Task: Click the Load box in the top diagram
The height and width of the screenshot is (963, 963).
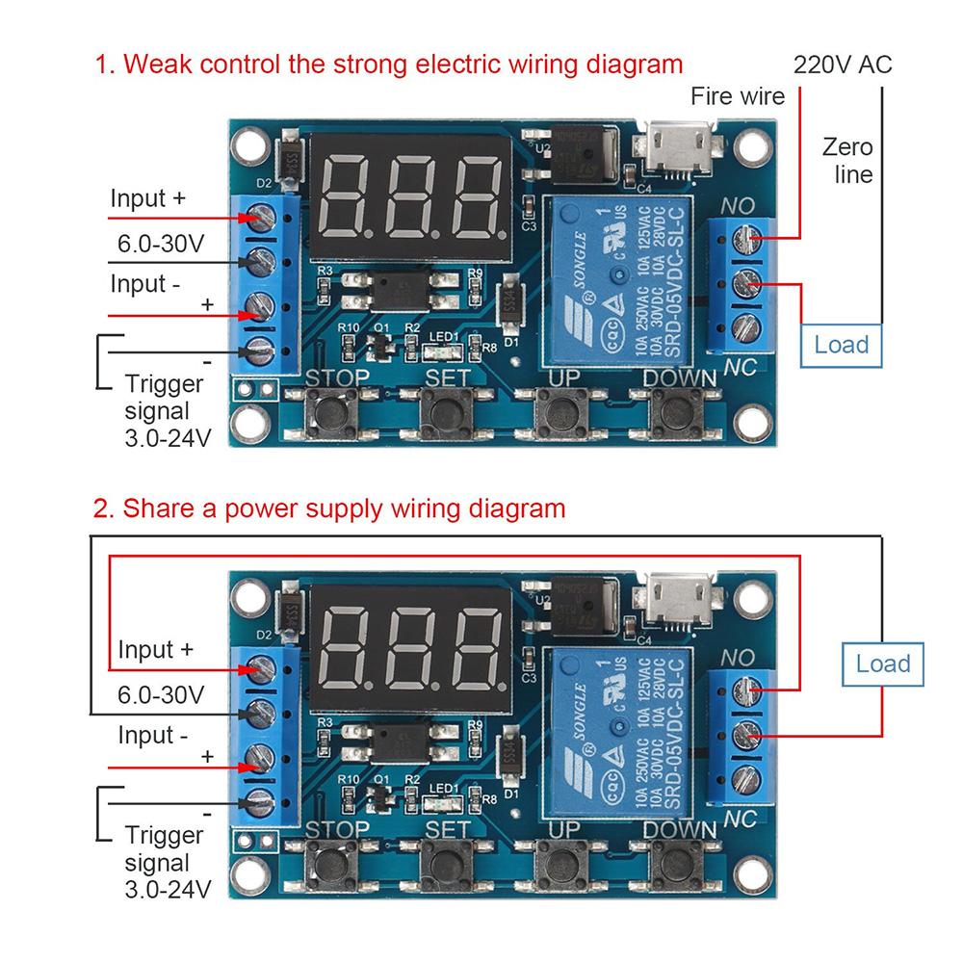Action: (x=841, y=345)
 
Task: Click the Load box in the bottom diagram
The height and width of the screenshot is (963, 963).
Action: (x=882, y=663)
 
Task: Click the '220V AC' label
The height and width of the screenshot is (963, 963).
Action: (x=843, y=65)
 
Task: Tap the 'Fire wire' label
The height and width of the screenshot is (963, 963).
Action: (x=738, y=95)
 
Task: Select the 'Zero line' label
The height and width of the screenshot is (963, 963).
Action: (x=847, y=161)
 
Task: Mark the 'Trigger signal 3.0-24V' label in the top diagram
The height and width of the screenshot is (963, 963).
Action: (x=165, y=410)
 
